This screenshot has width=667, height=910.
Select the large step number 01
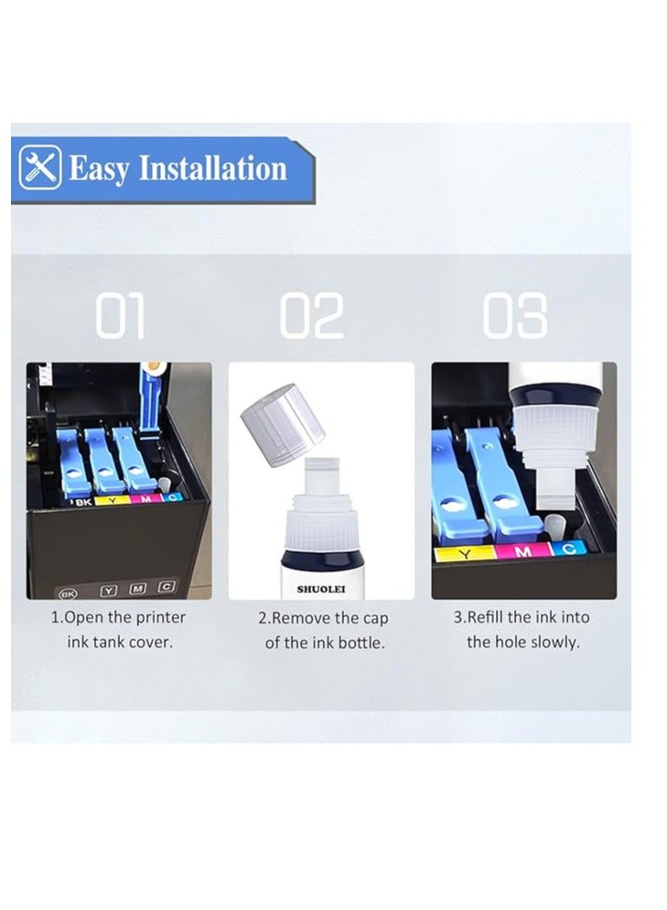(x=120, y=317)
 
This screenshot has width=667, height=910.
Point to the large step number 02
(x=312, y=317)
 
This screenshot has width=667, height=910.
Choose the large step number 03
(x=515, y=317)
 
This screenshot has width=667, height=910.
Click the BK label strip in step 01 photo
(x=83, y=502)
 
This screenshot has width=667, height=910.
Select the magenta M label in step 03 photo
(x=522, y=551)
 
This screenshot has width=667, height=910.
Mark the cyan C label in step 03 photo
(x=568, y=549)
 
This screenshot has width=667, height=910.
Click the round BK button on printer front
(x=65, y=591)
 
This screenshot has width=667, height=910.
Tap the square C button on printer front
(x=166, y=587)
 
